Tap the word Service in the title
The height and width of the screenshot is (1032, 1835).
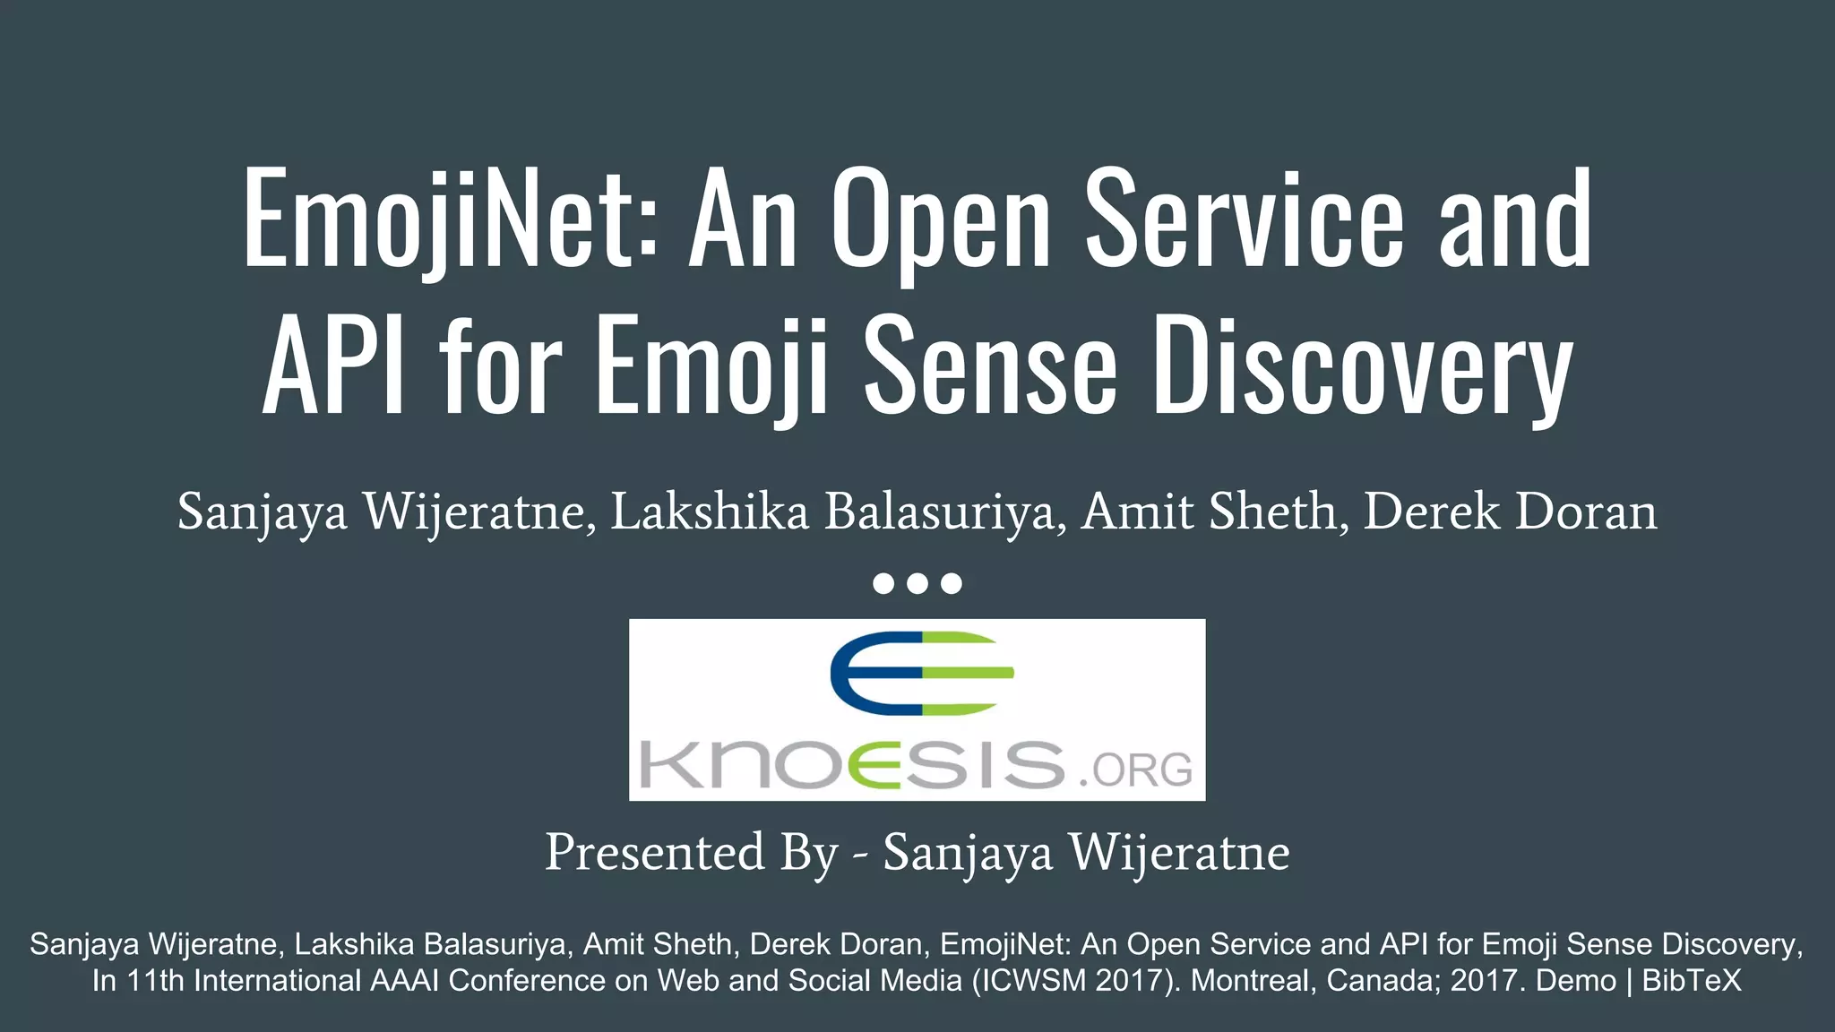point(1245,219)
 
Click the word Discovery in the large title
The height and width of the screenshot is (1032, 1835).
point(1362,367)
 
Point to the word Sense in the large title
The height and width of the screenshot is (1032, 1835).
point(991,367)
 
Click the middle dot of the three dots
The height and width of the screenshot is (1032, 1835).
point(917,584)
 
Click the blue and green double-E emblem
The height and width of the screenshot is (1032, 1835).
point(921,674)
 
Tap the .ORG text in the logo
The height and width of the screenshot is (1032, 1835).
point(1136,770)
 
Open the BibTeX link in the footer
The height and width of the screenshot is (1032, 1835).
point(1692,980)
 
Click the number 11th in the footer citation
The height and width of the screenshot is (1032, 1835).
point(154,980)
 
